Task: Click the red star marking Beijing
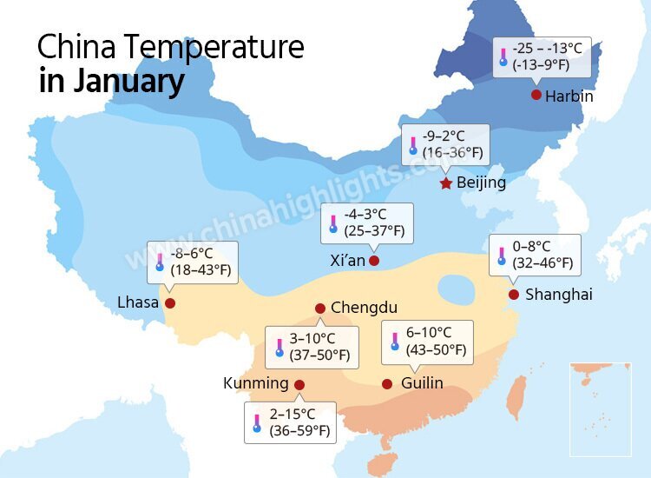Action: tap(446, 183)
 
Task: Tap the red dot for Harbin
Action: tap(536, 95)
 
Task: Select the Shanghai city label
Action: tap(559, 295)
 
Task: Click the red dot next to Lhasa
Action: tap(170, 303)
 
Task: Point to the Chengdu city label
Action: tap(364, 308)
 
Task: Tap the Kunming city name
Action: tap(255, 383)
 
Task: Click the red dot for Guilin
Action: tap(387, 384)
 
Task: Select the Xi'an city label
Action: tap(347, 260)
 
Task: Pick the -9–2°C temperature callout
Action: tap(445, 144)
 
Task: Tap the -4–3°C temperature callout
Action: tap(366, 222)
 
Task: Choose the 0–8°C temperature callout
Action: tap(535, 255)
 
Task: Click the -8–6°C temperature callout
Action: tap(191, 262)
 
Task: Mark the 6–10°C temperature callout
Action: tap(428, 342)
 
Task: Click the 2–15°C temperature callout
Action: tap(290, 422)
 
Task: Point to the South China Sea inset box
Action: tap(600, 408)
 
